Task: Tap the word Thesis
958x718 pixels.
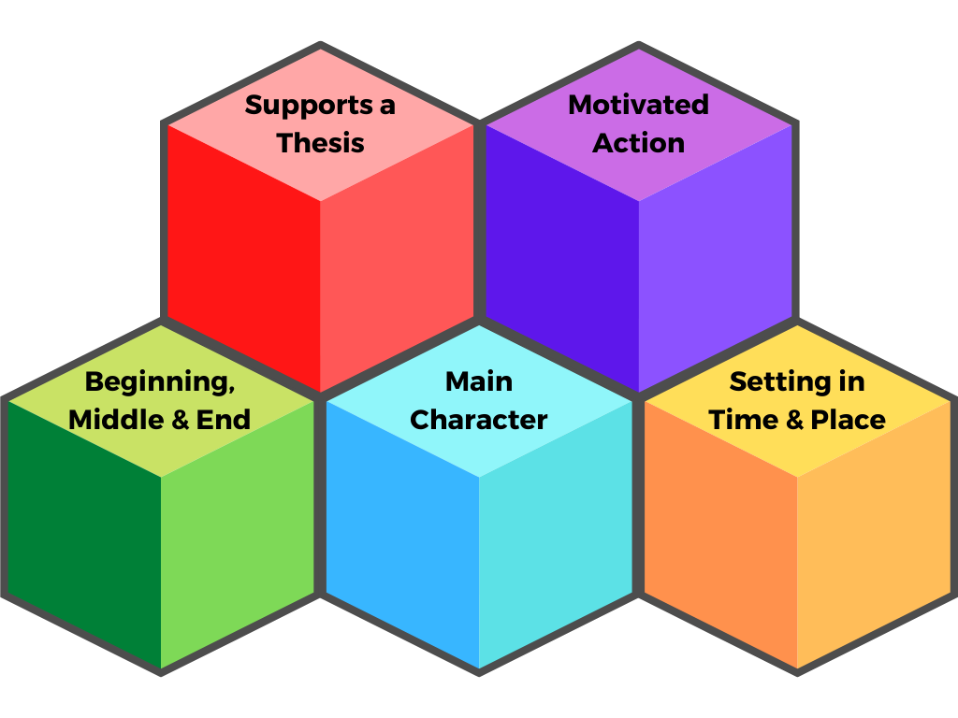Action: pyautogui.click(x=321, y=143)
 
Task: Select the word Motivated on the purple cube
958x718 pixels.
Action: pyautogui.click(x=638, y=105)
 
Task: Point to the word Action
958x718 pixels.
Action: pyautogui.click(x=639, y=143)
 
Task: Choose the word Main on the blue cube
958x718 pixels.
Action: pyautogui.click(x=479, y=381)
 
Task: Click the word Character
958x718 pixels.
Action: pyautogui.click(x=479, y=420)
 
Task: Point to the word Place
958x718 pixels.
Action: pyautogui.click(x=848, y=420)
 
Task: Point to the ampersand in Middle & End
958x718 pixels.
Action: pyautogui.click(x=181, y=420)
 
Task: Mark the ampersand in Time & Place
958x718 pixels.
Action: pyautogui.click(x=795, y=420)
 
